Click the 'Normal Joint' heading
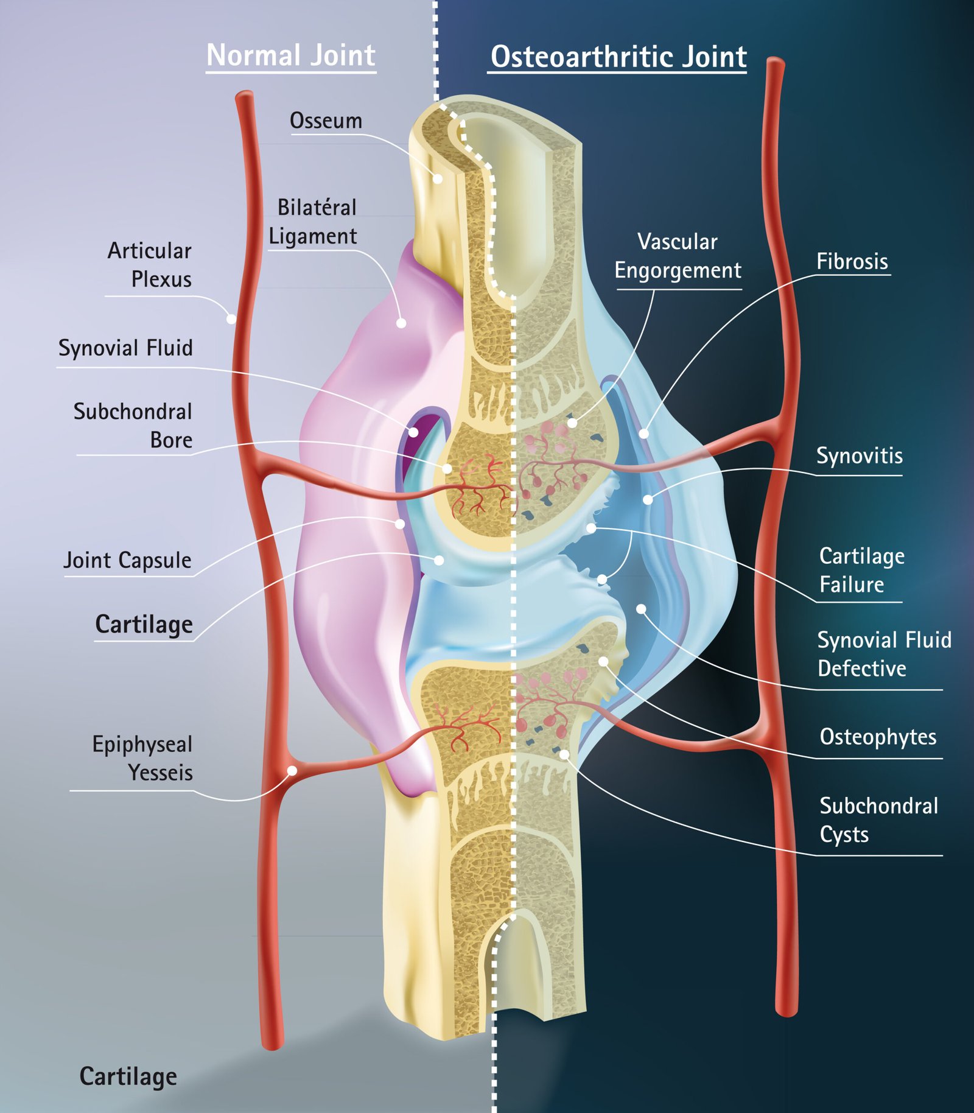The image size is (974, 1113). click(291, 55)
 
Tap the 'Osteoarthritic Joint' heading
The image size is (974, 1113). click(618, 57)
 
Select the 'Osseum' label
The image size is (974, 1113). click(326, 121)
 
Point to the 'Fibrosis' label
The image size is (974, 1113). click(852, 262)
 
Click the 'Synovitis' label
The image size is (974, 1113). click(859, 456)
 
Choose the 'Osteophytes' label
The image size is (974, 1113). click(877, 737)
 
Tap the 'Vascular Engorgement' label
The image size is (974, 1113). click(678, 256)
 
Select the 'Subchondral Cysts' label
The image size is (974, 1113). click(878, 820)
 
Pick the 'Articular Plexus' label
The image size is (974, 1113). click(150, 265)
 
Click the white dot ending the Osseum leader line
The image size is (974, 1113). click(438, 179)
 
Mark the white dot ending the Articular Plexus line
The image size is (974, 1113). click(231, 318)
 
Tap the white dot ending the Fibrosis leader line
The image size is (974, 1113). click(643, 434)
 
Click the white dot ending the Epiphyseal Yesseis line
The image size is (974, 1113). click(292, 771)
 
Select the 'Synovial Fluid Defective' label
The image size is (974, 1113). click(883, 655)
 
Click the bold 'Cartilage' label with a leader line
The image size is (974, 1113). click(144, 625)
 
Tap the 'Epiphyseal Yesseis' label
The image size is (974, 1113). click(142, 759)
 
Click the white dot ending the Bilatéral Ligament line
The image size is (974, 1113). click(401, 323)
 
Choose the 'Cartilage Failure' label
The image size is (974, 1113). click(861, 571)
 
